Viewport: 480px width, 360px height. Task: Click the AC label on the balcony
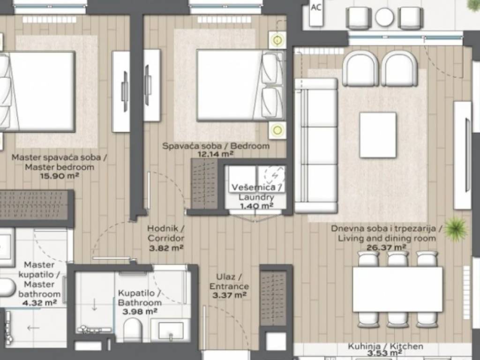(316, 7)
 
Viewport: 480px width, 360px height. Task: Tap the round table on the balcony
(384, 17)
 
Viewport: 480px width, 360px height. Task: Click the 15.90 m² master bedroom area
(60, 176)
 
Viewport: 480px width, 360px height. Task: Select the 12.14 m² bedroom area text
(216, 154)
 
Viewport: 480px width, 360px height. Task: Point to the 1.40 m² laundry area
(256, 206)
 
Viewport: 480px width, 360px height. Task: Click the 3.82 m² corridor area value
(166, 247)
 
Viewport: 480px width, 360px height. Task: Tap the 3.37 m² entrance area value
(229, 295)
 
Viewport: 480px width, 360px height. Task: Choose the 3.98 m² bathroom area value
(140, 312)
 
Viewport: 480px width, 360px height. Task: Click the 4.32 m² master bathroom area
(39, 303)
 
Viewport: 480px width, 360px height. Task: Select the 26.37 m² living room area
(386, 247)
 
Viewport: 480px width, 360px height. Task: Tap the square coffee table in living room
(378, 135)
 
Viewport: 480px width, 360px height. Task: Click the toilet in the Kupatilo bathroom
(133, 330)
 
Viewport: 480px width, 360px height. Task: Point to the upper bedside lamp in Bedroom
(277, 40)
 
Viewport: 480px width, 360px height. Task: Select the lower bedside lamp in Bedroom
(277, 130)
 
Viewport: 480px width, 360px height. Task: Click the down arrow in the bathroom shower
(94, 305)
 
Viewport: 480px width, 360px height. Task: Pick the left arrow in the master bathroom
(33, 328)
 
